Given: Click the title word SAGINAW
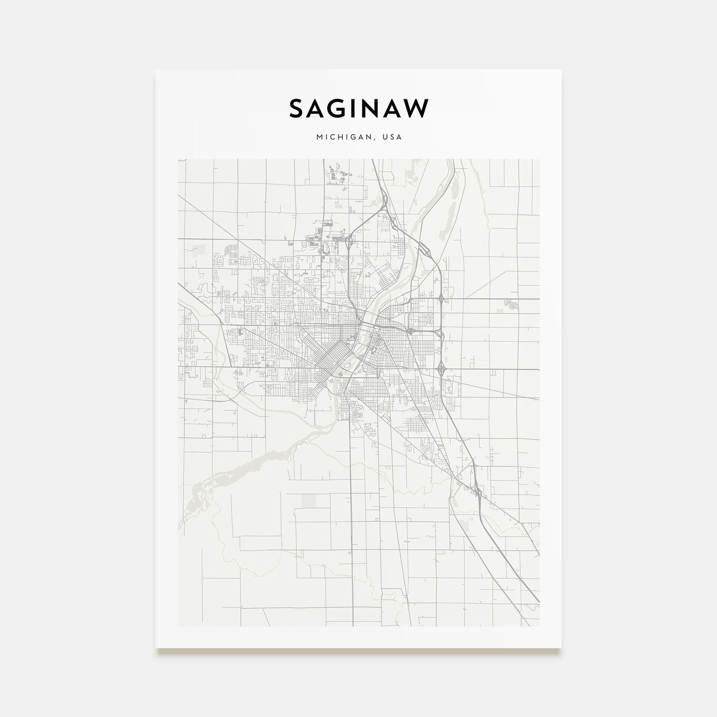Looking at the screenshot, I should point(358,109).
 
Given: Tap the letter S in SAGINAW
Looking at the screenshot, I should point(297,109).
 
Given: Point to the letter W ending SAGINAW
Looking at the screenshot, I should point(417,109).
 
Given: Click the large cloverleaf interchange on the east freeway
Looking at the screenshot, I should point(440,368).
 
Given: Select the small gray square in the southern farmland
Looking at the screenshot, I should point(309,500).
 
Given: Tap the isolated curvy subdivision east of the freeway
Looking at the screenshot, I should point(511,304).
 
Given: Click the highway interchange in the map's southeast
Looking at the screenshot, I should point(477,493).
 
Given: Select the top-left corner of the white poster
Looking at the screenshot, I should point(156,70).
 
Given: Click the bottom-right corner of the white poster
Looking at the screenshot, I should point(561,648).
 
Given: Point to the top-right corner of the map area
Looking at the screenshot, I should point(539,159).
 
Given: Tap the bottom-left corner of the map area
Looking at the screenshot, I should point(178,626).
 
